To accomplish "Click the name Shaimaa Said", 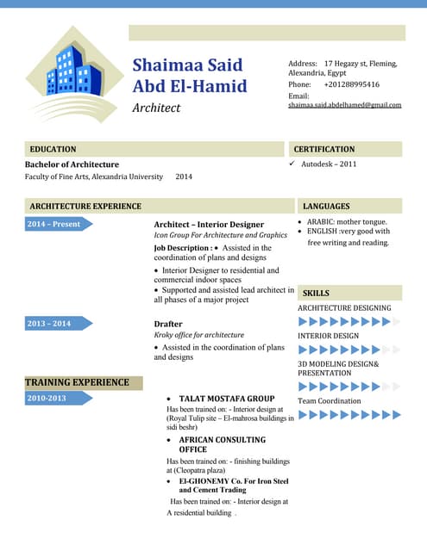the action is click(187, 65).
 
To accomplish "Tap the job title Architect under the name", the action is click(156, 108).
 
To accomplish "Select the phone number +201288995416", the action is click(351, 84).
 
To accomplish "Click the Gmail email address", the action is click(344, 105).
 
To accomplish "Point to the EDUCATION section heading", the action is click(53, 149).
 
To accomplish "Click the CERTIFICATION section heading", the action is click(324, 149).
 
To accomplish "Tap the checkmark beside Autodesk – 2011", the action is click(292, 164).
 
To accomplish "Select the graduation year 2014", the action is click(184, 176).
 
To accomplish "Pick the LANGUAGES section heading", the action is click(326, 207).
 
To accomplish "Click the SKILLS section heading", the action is click(316, 294).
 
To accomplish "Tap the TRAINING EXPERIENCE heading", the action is click(77, 382).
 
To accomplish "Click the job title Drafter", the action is click(168, 324).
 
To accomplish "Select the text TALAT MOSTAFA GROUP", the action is click(227, 399).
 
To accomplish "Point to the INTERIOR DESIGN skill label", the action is click(329, 336).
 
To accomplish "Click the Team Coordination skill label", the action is click(330, 401).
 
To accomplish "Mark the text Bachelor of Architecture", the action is click(72, 164).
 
